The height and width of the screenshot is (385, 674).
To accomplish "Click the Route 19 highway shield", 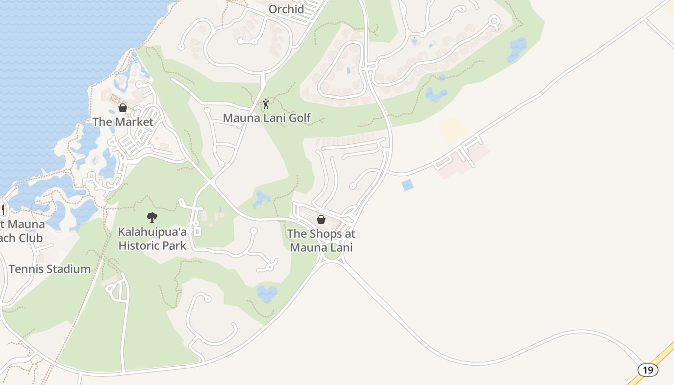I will coord(648,370).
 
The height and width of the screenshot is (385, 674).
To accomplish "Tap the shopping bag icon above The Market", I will coord(123,108).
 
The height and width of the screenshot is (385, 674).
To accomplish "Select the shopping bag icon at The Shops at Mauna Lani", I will coord(321,219).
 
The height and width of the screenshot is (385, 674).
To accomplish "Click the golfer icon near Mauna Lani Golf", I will coord(266,103).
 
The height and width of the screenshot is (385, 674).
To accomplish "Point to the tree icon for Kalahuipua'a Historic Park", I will coord(152,217).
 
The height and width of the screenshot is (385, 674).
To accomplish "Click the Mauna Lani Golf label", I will coord(267,117).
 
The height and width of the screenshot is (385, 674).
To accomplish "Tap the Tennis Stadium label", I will coord(50,269).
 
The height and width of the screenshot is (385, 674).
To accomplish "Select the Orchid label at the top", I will coord(286,9).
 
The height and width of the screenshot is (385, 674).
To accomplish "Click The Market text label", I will coord(123,122).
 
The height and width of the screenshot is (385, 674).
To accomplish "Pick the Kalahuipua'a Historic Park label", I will coord(152,239).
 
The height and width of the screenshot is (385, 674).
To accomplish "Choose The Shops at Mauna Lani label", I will coord(321,241).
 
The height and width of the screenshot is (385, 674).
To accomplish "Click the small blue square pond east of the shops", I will coord(408,185).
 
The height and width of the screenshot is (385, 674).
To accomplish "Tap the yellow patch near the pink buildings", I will coord(452,129).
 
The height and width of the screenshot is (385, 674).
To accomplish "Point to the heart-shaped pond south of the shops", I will coord(267,293).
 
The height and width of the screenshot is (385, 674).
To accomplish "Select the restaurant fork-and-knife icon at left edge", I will coord(2,210).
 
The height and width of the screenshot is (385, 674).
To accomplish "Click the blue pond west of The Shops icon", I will coord(261,199).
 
